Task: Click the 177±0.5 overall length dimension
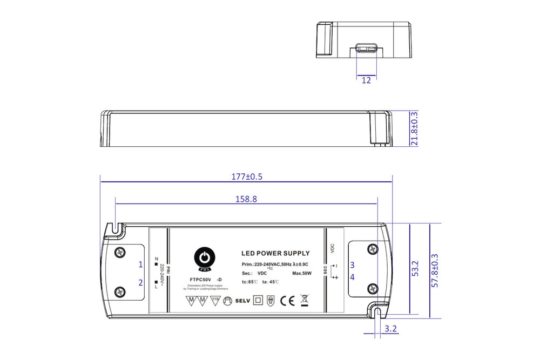(246, 176)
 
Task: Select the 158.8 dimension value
(246, 199)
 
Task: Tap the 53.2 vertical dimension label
(415, 268)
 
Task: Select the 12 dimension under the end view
(366, 80)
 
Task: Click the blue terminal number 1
(140, 264)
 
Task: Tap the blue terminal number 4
(352, 277)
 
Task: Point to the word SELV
(242, 301)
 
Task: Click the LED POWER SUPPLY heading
(275, 253)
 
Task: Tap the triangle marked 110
(215, 300)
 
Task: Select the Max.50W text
(302, 274)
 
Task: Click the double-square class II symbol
(258, 301)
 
